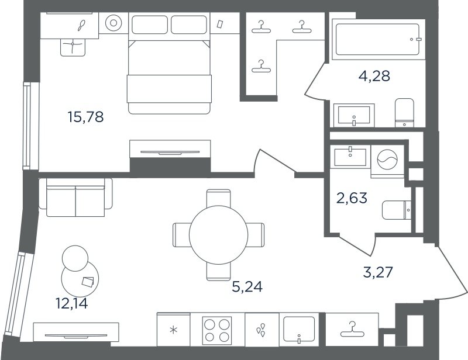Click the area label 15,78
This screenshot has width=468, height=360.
[85, 117]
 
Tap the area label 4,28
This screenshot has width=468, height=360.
[374, 76]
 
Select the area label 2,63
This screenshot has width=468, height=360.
[352, 198]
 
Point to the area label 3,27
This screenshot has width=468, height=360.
[378, 272]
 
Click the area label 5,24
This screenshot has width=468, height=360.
[247, 286]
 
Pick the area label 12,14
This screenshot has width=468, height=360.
[71, 303]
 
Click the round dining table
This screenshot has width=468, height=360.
[218, 235]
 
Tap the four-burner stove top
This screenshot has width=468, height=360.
[216, 329]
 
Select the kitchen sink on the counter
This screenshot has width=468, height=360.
[299, 329]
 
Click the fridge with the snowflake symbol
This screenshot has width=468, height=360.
[173, 329]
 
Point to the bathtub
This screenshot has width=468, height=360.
[377, 39]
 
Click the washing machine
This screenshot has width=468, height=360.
[387, 160]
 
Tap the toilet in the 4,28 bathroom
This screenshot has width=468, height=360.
[404, 113]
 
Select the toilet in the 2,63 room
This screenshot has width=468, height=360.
[397, 210]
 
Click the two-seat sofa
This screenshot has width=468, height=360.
[76, 197]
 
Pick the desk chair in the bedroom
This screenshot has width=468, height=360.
[73, 47]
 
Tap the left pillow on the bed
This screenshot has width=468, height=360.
[150, 25]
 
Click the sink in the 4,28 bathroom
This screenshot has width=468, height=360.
[354, 115]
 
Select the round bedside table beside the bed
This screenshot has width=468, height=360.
[113, 23]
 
